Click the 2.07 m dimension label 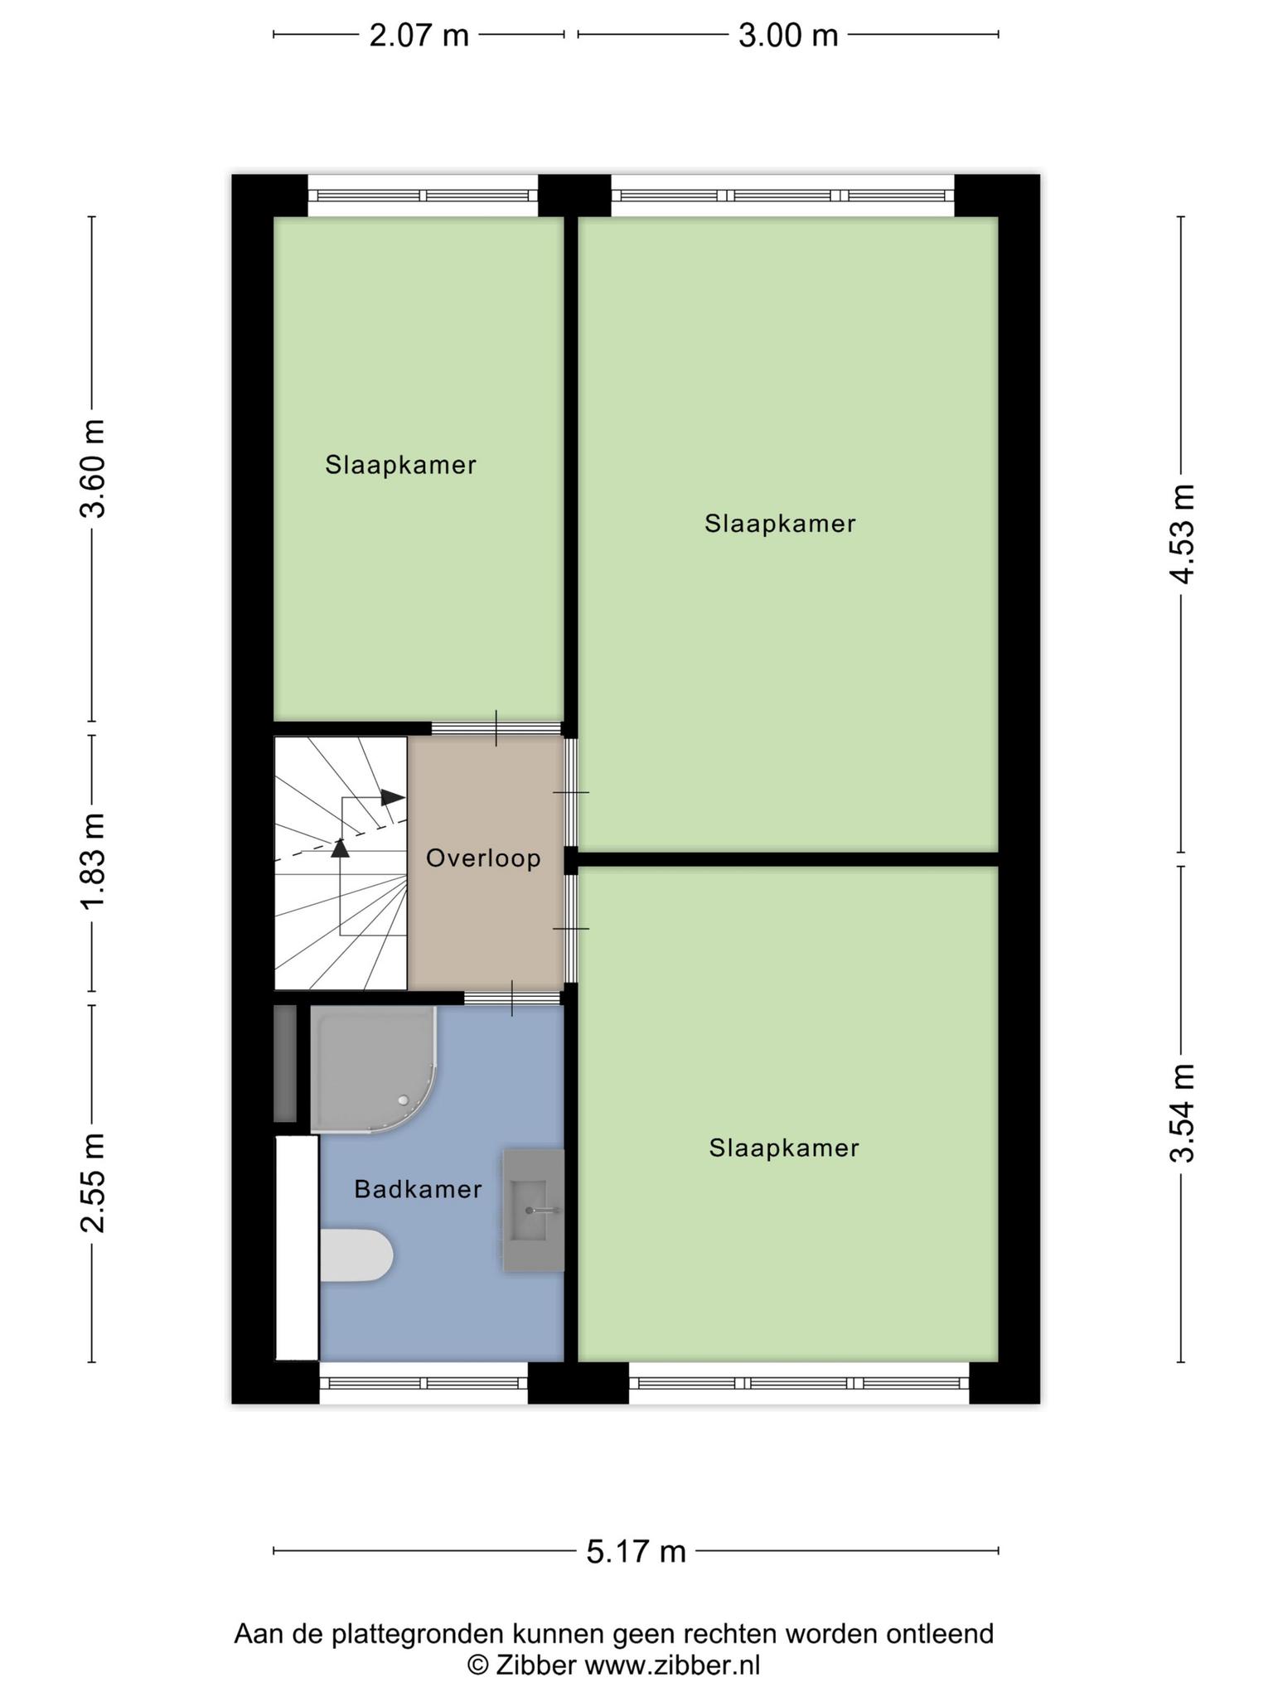click(x=419, y=36)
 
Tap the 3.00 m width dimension click(x=788, y=36)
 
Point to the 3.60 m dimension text click(x=94, y=469)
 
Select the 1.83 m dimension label click(x=94, y=862)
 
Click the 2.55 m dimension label click(x=94, y=1182)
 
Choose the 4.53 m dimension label click(x=1183, y=534)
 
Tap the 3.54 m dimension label click(x=1183, y=1114)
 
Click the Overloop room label click(x=483, y=858)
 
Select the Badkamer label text click(x=418, y=1190)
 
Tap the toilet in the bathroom click(x=356, y=1255)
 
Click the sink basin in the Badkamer click(x=533, y=1210)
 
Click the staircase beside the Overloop click(x=341, y=863)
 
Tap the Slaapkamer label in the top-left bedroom click(x=400, y=465)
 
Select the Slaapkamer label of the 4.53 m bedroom click(x=780, y=524)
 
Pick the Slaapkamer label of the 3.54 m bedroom click(x=784, y=1148)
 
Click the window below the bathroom click(x=424, y=1383)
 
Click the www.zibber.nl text click(x=672, y=1665)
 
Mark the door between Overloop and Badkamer click(x=513, y=998)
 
